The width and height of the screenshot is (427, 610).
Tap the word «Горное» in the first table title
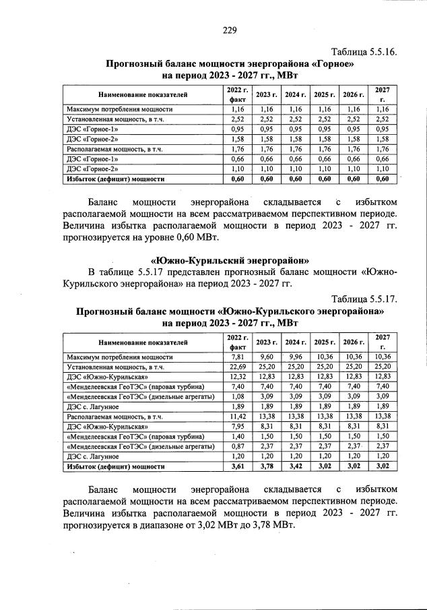click(x=332, y=64)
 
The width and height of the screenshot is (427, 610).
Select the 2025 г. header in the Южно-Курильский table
click(x=325, y=342)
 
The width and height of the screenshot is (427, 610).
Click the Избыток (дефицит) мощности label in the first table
click(x=115, y=179)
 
